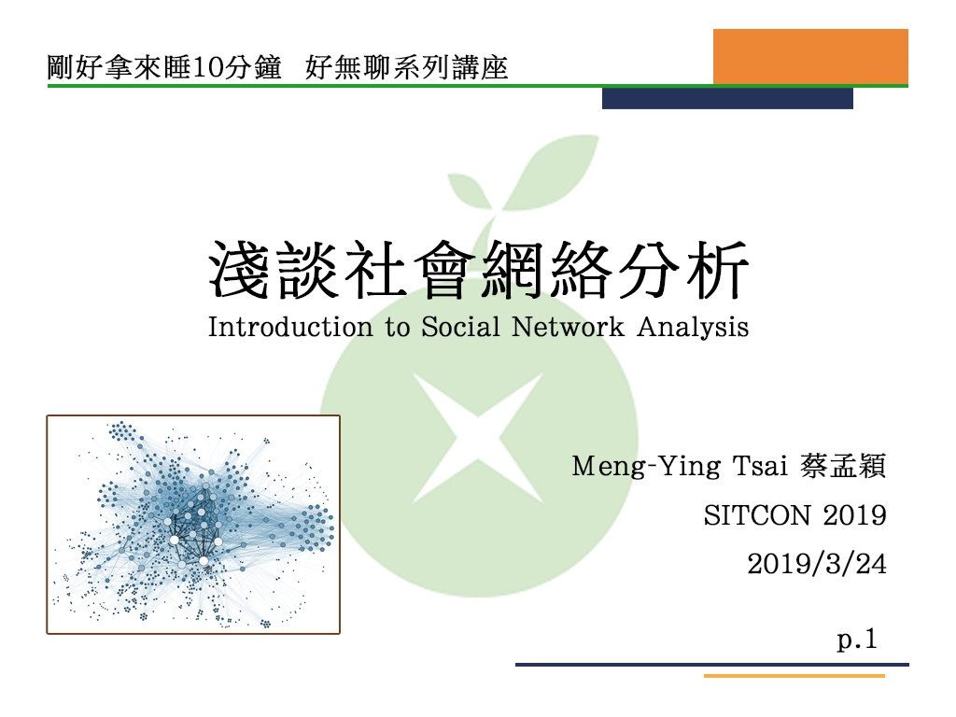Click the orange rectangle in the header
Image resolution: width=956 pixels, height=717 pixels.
click(x=810, y=56)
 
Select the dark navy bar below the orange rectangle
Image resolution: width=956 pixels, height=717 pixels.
click(x=727, y=99)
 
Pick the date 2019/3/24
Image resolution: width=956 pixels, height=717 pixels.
click(x=817, y=564)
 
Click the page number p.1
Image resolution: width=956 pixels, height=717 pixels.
click(x=858, y=640)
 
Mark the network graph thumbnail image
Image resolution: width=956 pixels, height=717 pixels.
click(x=193, y=525)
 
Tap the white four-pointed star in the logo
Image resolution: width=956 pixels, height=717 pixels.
click(x=477, y=437)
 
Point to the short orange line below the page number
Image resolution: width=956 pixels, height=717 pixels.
click(x=794, y=675)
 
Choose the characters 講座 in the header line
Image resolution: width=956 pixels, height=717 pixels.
click(x=485, y=68)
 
